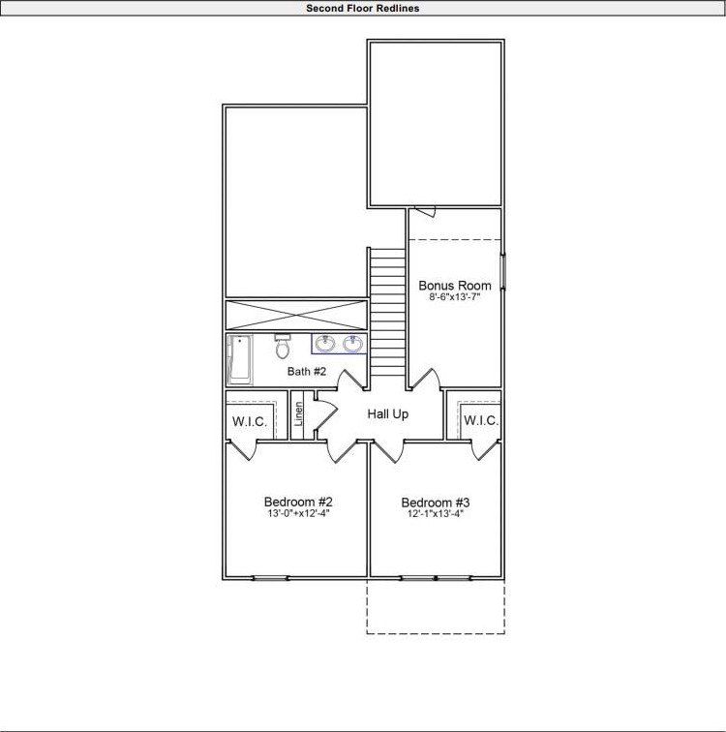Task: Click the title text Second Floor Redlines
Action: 362,8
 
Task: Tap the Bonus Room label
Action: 454,286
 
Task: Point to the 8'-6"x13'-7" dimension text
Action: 454,298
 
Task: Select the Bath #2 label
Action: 307,371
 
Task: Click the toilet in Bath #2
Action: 283,346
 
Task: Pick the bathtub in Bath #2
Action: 238,359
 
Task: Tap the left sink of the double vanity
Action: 325,343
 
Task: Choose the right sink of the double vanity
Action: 352,343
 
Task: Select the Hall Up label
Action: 387,414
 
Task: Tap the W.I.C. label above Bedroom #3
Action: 480,420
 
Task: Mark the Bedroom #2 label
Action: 298,502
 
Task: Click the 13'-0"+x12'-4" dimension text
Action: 298,514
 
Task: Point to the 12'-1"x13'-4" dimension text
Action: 436,514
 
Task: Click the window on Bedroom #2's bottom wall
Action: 270,578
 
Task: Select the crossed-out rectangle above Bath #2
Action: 296,315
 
